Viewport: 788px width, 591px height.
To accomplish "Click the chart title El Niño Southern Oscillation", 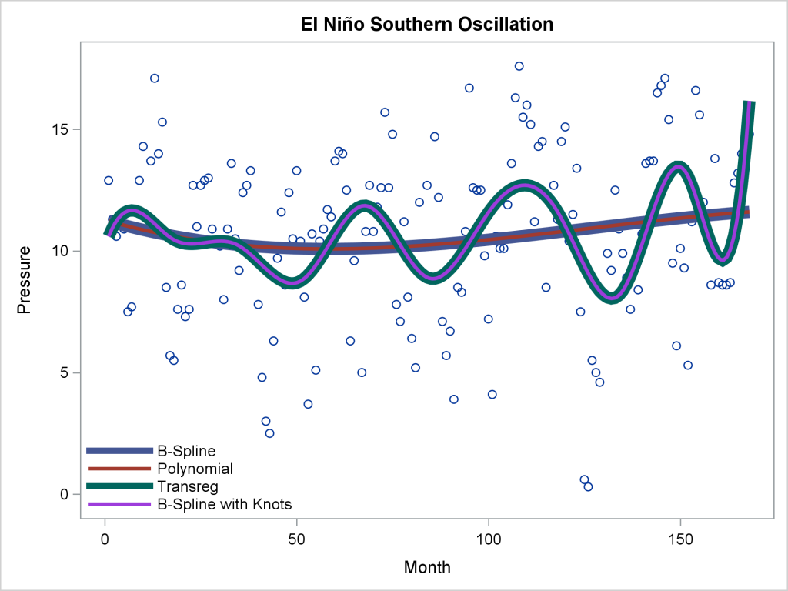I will tap(427, 25).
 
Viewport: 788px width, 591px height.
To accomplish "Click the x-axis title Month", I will tap(427, 568).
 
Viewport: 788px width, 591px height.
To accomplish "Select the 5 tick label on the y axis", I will tap(66, 372).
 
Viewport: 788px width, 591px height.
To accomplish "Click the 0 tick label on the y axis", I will tap(66, 494).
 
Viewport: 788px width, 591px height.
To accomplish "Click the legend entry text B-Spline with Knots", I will tap(224, 504).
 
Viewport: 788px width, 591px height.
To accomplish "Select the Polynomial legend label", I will tap(195, 468).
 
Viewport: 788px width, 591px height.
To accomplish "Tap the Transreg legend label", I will tap(188, 486).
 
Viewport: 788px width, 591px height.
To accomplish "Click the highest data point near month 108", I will tap(519, 66).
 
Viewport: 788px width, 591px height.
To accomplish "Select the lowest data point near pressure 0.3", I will tap(588, 486).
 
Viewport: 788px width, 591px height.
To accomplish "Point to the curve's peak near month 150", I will tap(678, 167).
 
